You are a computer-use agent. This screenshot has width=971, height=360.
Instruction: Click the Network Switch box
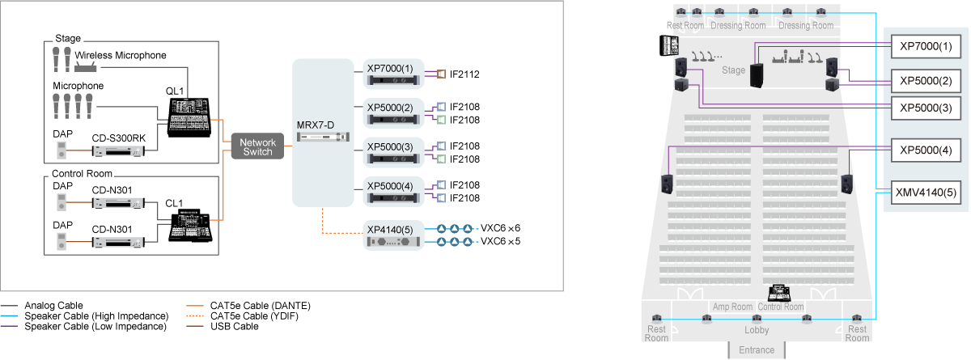258,147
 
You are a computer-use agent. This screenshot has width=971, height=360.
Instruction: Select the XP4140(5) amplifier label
390,230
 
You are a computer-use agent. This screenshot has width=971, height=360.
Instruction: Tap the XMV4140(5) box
926,193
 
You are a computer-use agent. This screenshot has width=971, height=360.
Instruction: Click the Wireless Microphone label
121,56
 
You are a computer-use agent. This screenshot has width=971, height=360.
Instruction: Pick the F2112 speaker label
466,74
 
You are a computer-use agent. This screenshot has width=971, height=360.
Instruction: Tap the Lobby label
756,330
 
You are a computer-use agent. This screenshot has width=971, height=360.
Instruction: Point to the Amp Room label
733,307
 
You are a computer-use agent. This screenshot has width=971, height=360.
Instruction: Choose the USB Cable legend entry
235,326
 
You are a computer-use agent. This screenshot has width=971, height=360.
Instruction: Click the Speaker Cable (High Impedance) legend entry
96,316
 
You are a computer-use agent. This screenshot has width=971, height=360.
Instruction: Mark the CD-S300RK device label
119,139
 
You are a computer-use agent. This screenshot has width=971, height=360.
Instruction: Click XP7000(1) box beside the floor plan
926,46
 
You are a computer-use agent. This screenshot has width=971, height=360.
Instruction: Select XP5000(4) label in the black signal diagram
390,186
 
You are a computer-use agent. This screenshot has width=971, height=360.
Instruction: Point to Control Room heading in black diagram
82,174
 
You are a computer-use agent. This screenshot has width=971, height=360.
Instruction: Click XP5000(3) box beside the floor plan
926,108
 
